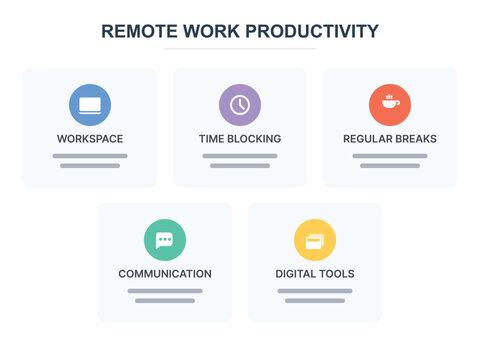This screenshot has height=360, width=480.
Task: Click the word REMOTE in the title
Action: coord(140,31)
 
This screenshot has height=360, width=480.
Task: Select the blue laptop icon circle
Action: coord(90,105)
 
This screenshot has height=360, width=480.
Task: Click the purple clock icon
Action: coord(240,105)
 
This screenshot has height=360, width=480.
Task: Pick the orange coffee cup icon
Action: coord(390,105)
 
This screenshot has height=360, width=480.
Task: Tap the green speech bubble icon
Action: coord(165,240)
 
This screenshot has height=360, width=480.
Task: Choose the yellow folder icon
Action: coord(315,240)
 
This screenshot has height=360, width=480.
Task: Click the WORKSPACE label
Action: coord(90,138)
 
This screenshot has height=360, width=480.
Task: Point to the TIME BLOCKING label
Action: coord(240,138)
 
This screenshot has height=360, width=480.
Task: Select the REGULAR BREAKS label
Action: coord(390,138)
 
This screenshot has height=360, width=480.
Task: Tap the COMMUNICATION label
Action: coord(165,273)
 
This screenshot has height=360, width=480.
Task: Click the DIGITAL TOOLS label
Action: coord(315,273)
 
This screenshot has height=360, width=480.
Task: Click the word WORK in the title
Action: coord(211,31)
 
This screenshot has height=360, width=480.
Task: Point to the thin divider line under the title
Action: coord(240,48)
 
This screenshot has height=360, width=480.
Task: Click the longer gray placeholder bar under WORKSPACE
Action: coord(90,156)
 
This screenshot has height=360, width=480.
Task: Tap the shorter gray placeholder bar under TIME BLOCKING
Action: coord(240,165)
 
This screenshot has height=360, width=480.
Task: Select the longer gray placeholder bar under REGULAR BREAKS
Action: coord(390,156)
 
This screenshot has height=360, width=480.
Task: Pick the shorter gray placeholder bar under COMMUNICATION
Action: coord(165,300)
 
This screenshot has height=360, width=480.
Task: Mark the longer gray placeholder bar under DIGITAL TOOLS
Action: coord(315,291)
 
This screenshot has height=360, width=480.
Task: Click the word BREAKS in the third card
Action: coord(415,138)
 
